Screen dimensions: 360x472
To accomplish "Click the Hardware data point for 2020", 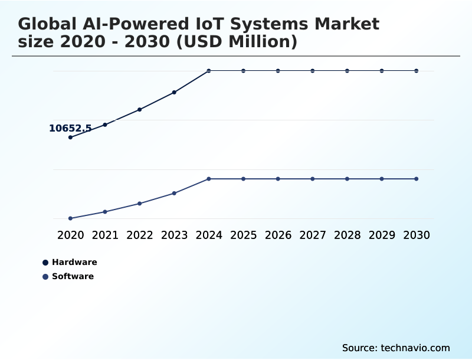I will [70, 138].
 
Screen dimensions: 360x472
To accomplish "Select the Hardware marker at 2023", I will [174, 92].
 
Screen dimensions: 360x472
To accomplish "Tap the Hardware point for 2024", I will [209, 71].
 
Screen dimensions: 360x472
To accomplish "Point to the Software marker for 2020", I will [70, 218].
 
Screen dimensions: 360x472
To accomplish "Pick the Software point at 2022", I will [140, 204].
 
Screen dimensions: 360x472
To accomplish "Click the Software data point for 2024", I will [209, 179].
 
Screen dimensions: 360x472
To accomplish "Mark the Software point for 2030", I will [417, 179].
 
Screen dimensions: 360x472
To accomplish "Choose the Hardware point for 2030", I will [417, 71].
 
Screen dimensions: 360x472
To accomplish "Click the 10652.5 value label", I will [70, 128].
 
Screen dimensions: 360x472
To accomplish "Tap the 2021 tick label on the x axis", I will [105, 235].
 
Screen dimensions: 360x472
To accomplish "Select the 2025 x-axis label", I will [243, 235].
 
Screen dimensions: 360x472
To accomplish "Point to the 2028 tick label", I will [347, 235].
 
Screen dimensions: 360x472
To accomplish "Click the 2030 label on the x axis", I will [417, 235].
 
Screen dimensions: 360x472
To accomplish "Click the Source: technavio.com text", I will [396, 348].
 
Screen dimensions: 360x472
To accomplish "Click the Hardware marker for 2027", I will [313, 71].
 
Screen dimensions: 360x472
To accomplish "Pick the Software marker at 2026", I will [278, 179].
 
